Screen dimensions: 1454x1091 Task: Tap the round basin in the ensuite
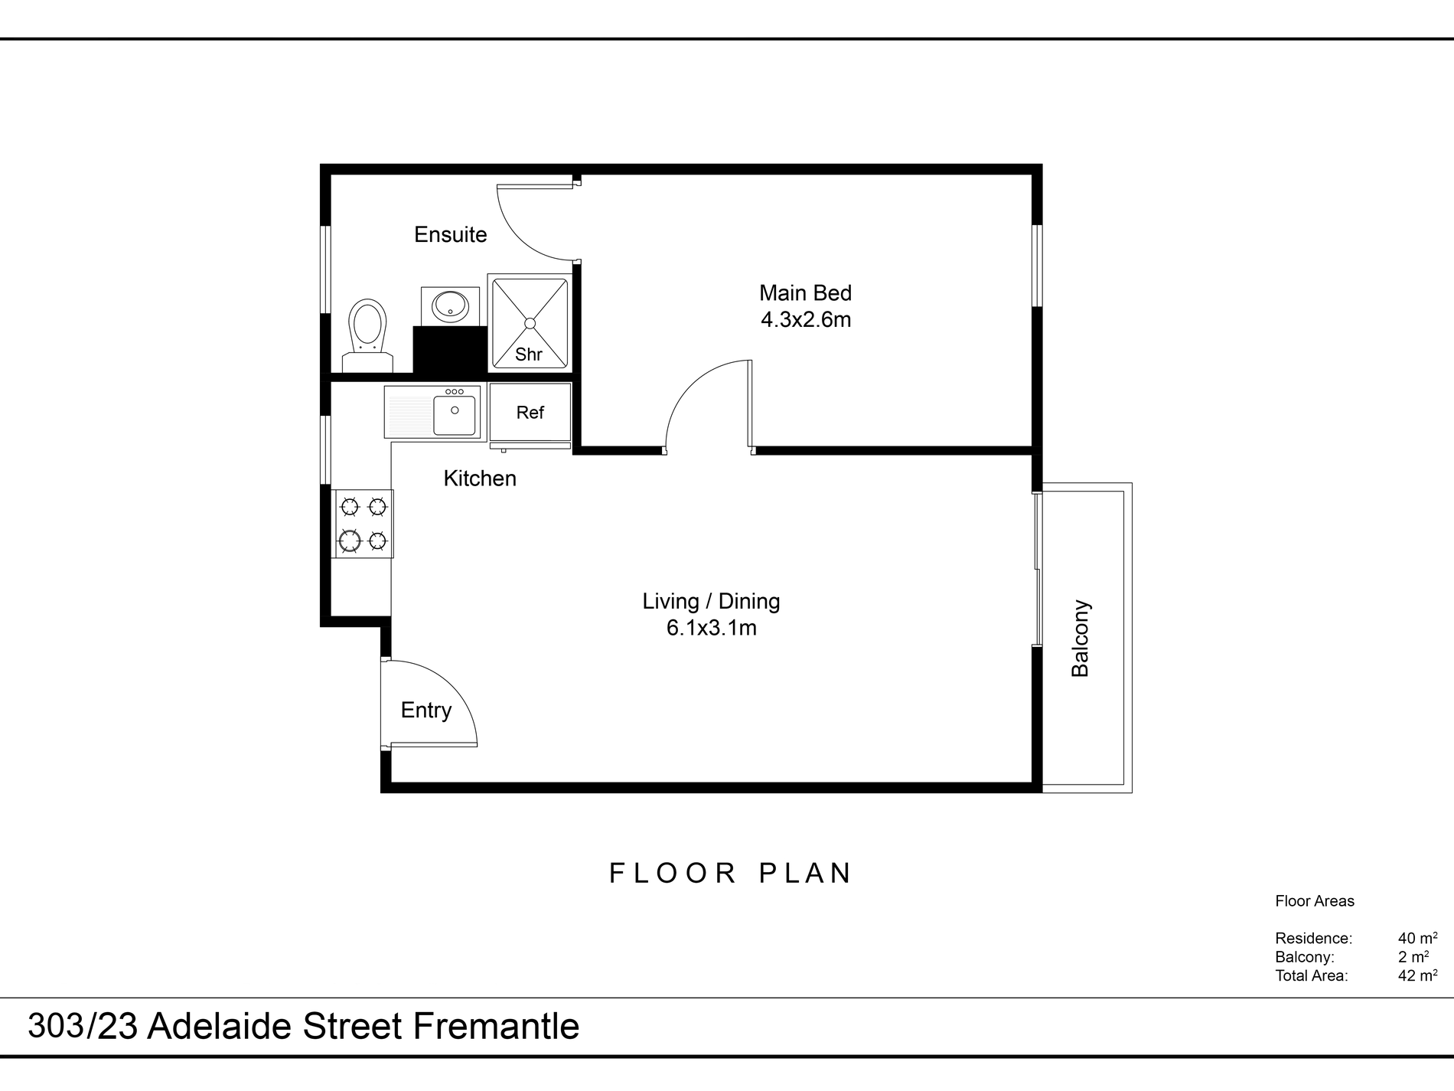(x=450, y=306)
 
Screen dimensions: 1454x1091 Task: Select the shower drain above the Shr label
(x=530, y=323)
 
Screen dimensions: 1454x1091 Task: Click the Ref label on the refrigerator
(x=530, y=413)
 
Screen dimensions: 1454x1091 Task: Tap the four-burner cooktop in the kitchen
(x=363, y=524)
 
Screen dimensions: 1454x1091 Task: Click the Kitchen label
(x=480, y=479)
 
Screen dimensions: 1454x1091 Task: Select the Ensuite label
(x=451, y=234)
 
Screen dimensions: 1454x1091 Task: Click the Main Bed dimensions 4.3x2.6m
(x=806, y=319)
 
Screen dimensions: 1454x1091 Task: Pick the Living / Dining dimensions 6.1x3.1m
(x=712, y=628)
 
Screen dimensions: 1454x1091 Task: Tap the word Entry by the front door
(x=426, y=710)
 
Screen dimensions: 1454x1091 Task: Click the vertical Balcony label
(x=1080, y=639)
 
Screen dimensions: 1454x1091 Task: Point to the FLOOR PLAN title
(x=731, y=873)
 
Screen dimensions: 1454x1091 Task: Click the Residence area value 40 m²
(x=1417, y=938)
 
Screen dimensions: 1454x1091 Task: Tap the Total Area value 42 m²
(x=1417, y=975)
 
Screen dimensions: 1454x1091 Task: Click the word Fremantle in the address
(x=496, y=1026)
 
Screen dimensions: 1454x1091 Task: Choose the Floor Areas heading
(x=1315, y=901)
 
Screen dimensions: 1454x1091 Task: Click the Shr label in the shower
(x=529, y=354)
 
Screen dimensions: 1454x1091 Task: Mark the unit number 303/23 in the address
(x=83, y=1026)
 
